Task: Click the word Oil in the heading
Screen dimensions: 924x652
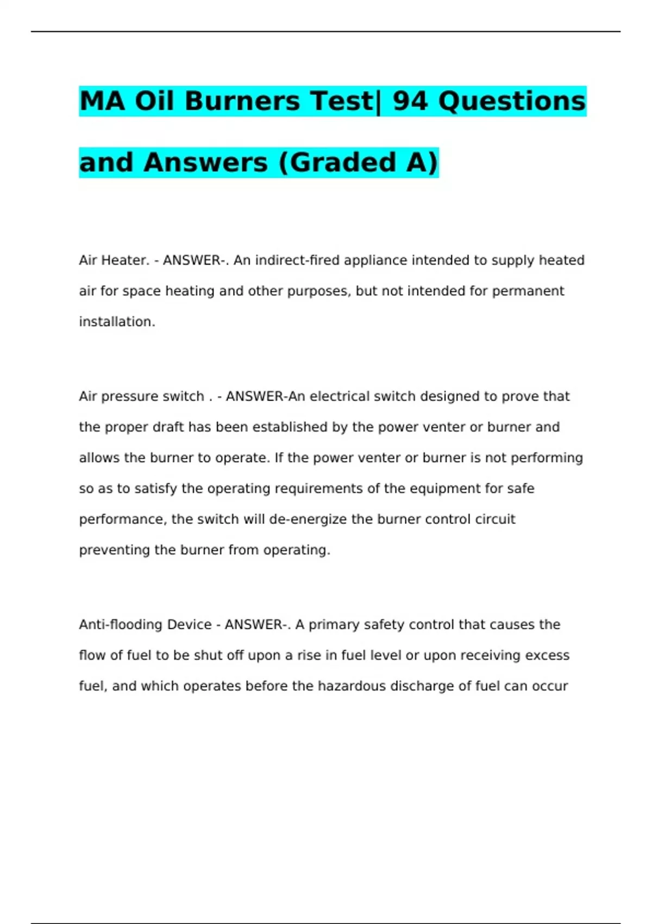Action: (x=156, y=101)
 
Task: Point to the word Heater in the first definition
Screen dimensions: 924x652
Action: (x=124, y=260)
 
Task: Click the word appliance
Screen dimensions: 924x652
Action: (x=375, y=260)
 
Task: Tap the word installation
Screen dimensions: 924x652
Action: (x=117, y=322)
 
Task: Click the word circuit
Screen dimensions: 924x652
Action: (x=495, y=519)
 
